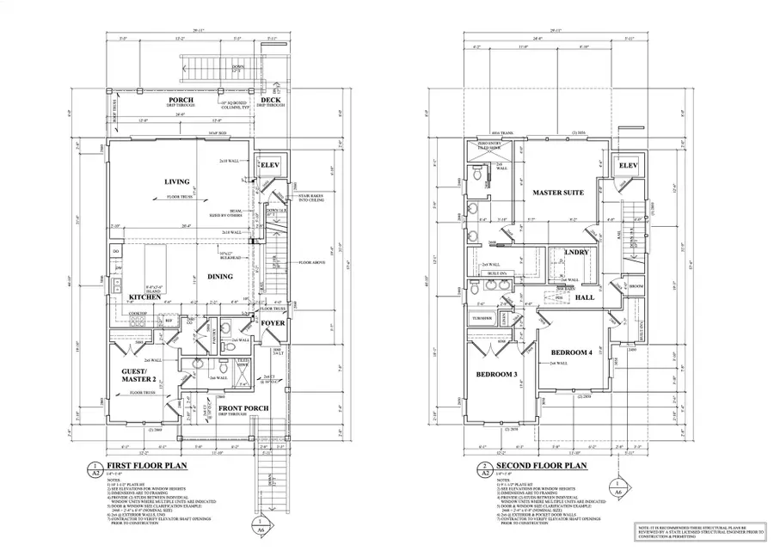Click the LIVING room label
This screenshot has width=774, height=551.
[x=176, y=181]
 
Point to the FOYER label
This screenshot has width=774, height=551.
[x=273, y=324]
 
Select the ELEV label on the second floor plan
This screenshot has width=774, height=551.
[x=628, y=165]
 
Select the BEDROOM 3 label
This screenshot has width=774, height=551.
[x=495, y=374]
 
